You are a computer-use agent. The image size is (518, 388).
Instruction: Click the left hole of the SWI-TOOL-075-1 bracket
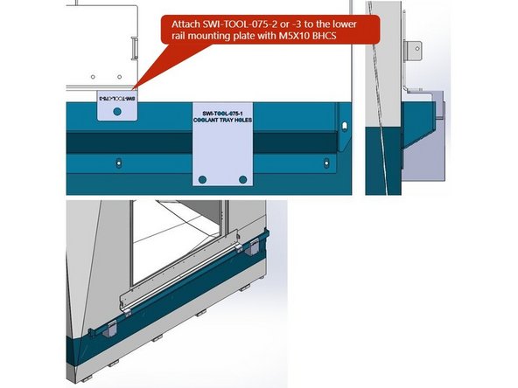203,179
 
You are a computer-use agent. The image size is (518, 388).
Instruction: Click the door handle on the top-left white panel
132,43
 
